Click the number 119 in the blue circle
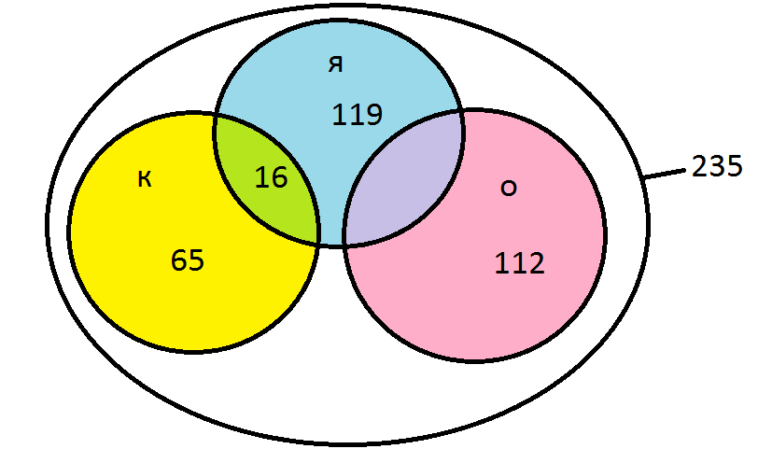[357, 114]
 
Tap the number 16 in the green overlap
[272, 177]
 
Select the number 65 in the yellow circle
[188, 260]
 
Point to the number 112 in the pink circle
[519, 263]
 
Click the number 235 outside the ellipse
[717, 166]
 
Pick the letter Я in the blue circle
[336, 64]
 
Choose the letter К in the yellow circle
[145, 179]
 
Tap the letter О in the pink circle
[509, 188]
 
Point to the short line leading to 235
[665, 174]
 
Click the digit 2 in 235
[699, 166]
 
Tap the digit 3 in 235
[717, 166]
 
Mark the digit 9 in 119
[373, 114]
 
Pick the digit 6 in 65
[179, 260]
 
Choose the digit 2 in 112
[536, 263]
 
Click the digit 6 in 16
[279, 177]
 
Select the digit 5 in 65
[196, 260]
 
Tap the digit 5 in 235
[735, 166]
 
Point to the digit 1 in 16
[261, 177]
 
